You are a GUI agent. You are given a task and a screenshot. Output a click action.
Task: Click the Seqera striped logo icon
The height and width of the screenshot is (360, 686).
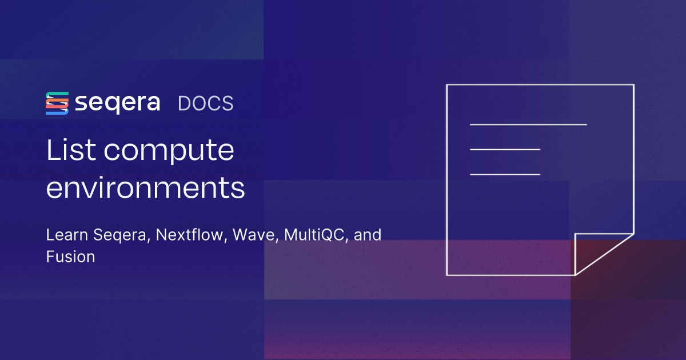pos(57,103)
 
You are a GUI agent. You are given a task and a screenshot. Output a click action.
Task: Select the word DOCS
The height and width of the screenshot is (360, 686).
pos(205,103)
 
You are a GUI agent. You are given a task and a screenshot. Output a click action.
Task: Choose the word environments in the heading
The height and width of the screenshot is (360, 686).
pos(145,188)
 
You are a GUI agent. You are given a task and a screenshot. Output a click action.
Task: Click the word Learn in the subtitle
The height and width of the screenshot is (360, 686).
pos(64,235)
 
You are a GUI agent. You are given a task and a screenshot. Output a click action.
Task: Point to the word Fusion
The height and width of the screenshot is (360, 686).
pos(70,257)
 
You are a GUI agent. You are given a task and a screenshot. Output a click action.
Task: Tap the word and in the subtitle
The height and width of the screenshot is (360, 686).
pos(368,235)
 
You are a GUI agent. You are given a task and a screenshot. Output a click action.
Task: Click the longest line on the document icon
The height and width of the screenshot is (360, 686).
pos(528,124)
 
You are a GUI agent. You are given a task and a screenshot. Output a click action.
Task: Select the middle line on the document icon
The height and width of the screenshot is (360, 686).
pos(505,149)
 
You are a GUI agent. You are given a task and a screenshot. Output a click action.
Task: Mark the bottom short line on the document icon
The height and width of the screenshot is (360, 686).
pos(505,174)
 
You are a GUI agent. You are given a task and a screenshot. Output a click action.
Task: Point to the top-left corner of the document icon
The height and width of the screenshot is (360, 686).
pos(446,85)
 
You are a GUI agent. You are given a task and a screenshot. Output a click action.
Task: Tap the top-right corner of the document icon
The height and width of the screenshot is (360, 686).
pos(633,85)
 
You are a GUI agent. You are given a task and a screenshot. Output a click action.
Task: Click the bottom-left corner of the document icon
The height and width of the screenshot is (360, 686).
pos(446,275)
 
